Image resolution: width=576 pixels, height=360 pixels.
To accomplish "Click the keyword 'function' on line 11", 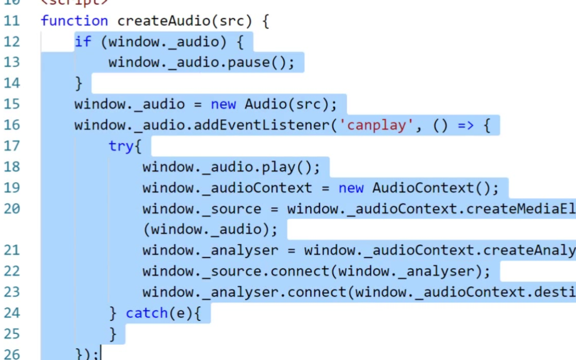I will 74,21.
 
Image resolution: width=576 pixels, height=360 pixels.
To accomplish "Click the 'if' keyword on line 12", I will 83,42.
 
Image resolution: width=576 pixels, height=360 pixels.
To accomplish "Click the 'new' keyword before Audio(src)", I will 223,105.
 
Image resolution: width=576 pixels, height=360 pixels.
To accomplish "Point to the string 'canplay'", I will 376,125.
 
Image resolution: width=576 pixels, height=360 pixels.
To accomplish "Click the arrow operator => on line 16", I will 465,125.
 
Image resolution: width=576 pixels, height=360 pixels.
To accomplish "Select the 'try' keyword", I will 121,146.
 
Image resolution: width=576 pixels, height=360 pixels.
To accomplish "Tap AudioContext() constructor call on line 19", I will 435,188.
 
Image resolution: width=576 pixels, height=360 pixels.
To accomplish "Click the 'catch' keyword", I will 147,314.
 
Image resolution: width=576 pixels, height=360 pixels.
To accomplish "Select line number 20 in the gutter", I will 12,209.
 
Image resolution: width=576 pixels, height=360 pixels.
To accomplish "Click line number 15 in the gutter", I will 12,105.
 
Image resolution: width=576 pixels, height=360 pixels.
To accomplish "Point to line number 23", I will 12,292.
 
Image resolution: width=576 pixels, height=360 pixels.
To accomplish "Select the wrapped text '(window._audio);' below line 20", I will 210,230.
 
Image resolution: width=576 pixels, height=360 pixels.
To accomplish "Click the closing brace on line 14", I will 78,84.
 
